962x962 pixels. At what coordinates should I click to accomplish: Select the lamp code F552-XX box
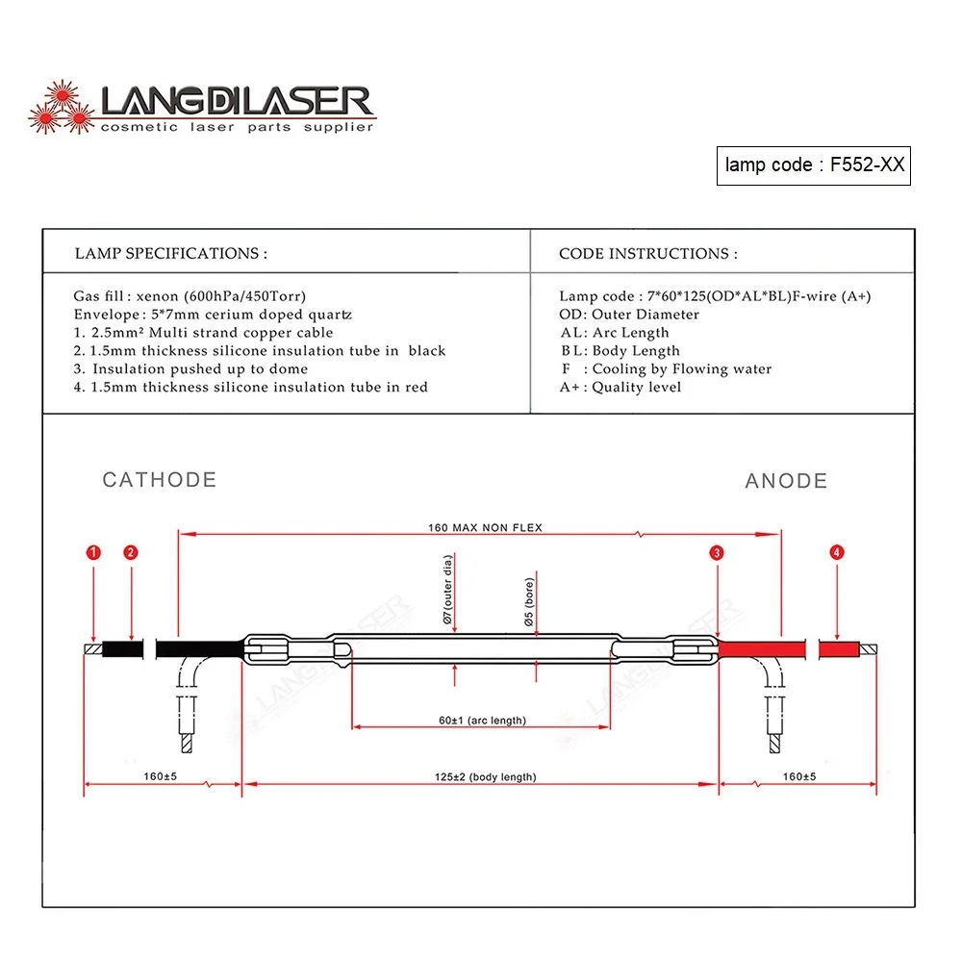813,165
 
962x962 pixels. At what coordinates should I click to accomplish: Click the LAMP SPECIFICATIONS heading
171,254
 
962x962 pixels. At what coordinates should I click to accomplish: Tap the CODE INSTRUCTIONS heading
648,254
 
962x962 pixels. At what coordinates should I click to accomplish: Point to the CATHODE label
160,480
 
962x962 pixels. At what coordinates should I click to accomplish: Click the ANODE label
786,481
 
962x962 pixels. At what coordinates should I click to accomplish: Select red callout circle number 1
93,552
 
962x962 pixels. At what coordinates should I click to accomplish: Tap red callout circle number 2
131,552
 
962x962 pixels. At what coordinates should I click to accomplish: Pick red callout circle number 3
717,552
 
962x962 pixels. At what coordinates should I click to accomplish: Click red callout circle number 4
837,552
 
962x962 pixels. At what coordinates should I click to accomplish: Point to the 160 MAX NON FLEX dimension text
485,527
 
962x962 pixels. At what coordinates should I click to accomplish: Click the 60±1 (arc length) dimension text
482,721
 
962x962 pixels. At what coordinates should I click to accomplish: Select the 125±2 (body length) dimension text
482,776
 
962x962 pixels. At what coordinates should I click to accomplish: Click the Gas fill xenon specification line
190,296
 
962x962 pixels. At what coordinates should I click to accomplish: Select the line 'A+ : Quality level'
620,387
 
